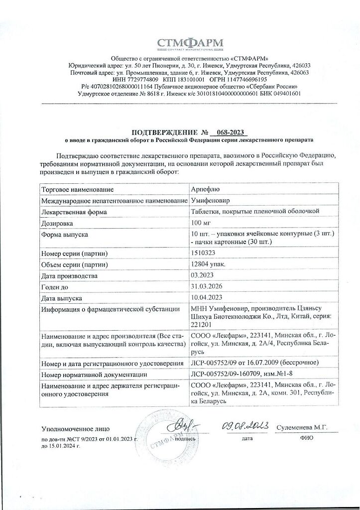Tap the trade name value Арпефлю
(x=205, y=190)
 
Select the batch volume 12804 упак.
(x=209, y=264)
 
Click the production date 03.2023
(x=203, y=275)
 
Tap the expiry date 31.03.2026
(x=207, y=286)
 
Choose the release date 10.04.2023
(x=207, y=297)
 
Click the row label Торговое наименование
(x=75, y=190)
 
